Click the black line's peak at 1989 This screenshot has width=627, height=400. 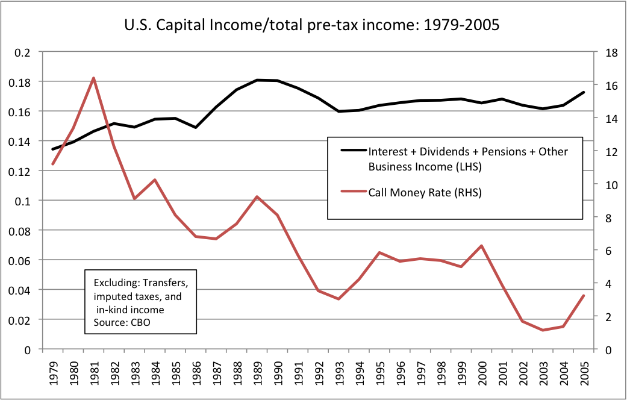click(x=257, y=80)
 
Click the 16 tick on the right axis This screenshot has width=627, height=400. click(x=605, y=86)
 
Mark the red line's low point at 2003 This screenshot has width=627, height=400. click(x=543, y=330)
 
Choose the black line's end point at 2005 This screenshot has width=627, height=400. click(x=584, y=92)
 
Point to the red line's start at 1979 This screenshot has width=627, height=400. click(x=52, y=164)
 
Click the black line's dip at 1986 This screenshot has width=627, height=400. click(x=196, y=127)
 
